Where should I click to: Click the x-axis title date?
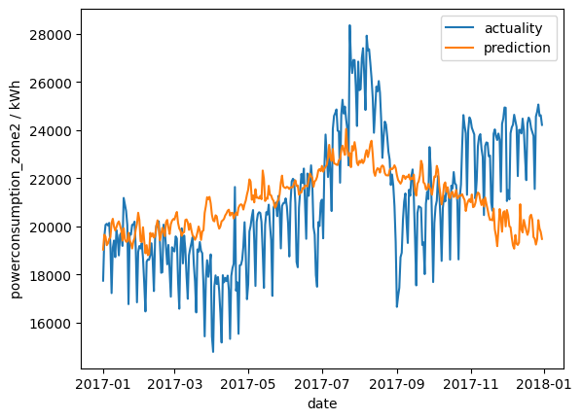tap(322, 403)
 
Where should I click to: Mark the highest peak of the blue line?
tap(349, 26)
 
